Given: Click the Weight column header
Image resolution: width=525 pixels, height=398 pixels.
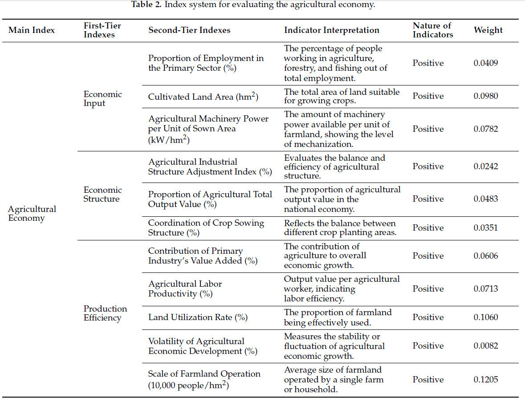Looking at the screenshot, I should pos(488,30).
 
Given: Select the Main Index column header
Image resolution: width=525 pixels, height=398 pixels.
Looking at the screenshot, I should pos(32,30).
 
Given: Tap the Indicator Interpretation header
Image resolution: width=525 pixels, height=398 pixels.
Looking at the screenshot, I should pos(332,30).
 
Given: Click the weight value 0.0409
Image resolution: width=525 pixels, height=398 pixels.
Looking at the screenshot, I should pos(486,63).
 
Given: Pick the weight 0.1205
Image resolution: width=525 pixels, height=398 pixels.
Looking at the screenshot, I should pos(486,380).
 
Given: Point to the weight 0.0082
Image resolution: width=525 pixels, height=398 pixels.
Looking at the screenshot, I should pos(486,346).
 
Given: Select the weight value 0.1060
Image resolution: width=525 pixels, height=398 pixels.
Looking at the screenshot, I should pos(486,317).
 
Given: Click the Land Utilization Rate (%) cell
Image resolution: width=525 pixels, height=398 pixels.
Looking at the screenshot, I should pos(198,317).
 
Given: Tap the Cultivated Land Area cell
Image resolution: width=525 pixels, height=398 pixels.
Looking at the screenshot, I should pos(203,97).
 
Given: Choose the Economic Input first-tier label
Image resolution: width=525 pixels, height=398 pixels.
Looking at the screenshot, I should pos(102,99).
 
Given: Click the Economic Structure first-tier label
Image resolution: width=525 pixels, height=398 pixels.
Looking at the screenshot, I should pos(102,195).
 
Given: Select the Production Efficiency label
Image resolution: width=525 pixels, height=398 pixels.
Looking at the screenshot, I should pos(105,313).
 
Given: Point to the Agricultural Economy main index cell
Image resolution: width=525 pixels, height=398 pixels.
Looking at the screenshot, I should pos(32,213).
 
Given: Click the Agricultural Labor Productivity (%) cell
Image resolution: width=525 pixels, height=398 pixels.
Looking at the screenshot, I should pos(185,289).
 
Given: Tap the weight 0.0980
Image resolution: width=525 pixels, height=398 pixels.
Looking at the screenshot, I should pos(486,96).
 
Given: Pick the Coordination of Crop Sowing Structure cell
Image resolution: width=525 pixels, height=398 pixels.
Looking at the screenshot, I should pos(206,227).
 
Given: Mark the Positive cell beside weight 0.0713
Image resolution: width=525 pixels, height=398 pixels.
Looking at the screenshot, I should pos(428,289).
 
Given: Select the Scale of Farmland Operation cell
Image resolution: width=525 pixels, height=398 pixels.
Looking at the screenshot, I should pos(204,380).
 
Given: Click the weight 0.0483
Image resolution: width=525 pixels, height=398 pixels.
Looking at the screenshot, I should pos(486,199).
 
